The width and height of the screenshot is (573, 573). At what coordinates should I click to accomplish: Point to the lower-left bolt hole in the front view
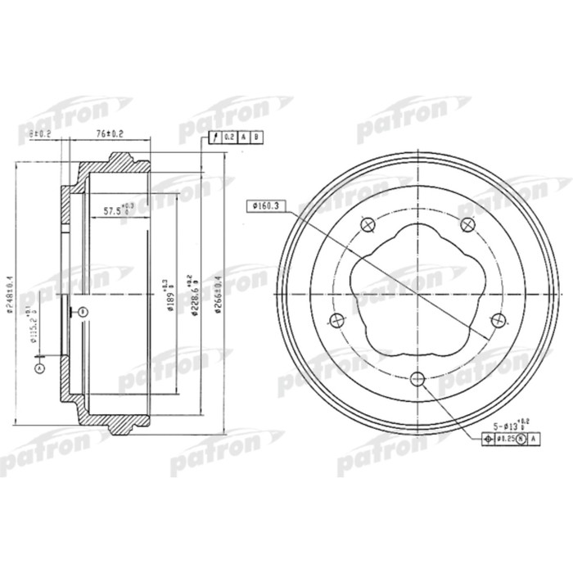(x=334, y=319)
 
